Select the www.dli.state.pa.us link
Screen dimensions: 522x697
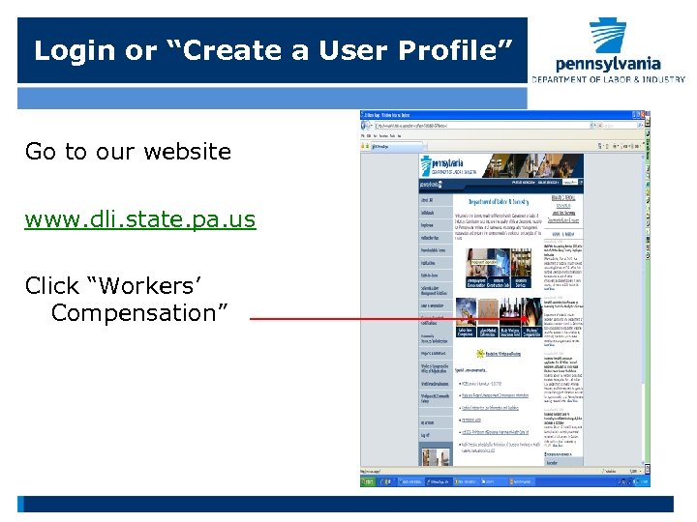140,219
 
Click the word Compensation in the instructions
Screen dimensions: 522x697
139,313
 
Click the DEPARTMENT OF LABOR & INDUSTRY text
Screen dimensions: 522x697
608,79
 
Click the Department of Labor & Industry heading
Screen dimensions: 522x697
499,201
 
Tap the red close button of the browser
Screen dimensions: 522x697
639,115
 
